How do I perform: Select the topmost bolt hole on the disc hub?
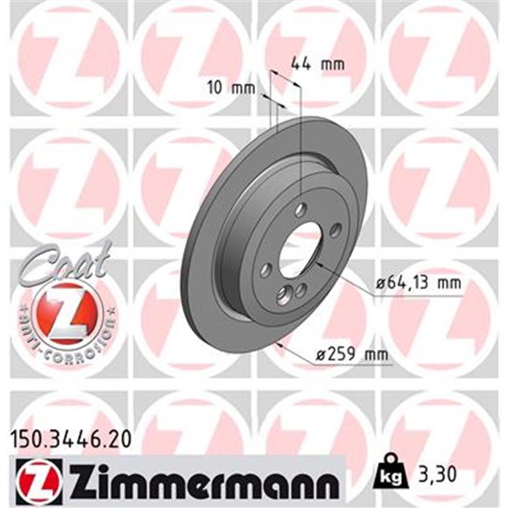300,209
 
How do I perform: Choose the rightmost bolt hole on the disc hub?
335,229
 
